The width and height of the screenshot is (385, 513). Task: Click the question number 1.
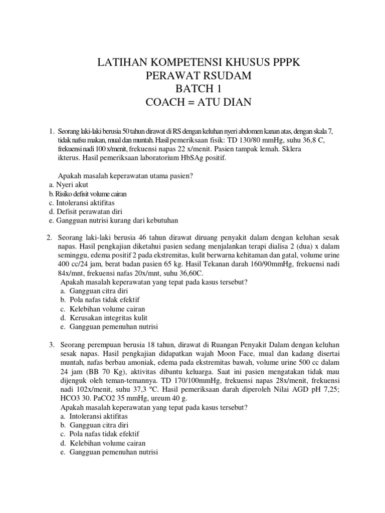52,131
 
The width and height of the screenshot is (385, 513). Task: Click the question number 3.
52,346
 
